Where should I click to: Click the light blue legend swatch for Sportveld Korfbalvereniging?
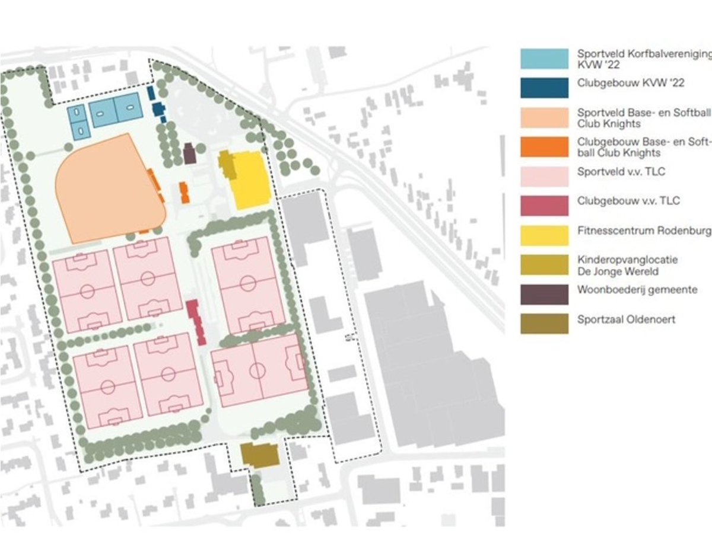coord(544,59)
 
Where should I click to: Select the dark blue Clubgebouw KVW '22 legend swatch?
coord(544,88)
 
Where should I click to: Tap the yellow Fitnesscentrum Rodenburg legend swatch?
coord(544,235)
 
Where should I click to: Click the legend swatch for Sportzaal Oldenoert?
coord(544,324)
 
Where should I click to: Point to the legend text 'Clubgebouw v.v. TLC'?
coord(628,201)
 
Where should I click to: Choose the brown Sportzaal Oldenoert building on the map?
coord(260,455)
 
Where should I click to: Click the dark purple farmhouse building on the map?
coord(190,154)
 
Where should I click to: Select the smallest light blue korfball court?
coord(77,121)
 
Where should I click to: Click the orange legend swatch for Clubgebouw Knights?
coord(544,146)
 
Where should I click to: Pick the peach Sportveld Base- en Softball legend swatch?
coord(544,117)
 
